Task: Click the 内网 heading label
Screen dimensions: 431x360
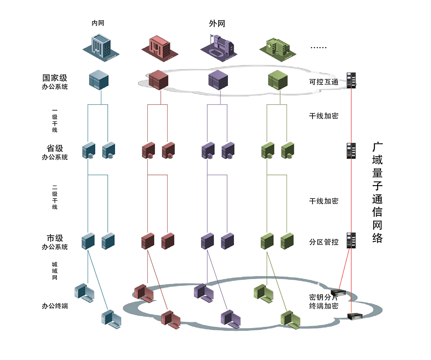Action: (x=98, y=23)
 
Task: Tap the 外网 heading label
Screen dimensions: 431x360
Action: (x=217, y=24)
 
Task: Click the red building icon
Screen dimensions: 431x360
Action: (x=160, y=48)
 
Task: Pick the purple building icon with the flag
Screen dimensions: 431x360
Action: (x=219, y=48)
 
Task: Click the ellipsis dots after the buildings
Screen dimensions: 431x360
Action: (x=319, y=47)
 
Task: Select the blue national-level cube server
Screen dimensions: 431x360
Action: (x=99, y=80)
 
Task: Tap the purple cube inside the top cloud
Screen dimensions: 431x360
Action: (x=218, y=80)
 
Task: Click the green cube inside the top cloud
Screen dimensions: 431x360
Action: (x=278, y=80)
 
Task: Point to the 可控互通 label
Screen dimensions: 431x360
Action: (x=324, y=82)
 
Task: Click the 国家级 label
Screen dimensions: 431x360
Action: (x=55, y=78)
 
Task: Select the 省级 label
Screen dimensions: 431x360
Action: (x=55, y=148)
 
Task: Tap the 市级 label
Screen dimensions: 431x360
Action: (x=55, y=238)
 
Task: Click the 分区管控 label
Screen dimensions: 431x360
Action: (x=324, y=242)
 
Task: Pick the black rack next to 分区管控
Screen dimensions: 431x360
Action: (x=351, y=240)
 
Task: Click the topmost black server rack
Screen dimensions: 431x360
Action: (x=351, y=80)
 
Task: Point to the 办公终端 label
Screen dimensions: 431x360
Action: (x=55, y=306)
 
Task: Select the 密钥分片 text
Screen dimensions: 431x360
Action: (x=323, y=297)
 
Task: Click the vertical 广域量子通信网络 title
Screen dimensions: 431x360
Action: (x=378, y=192)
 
